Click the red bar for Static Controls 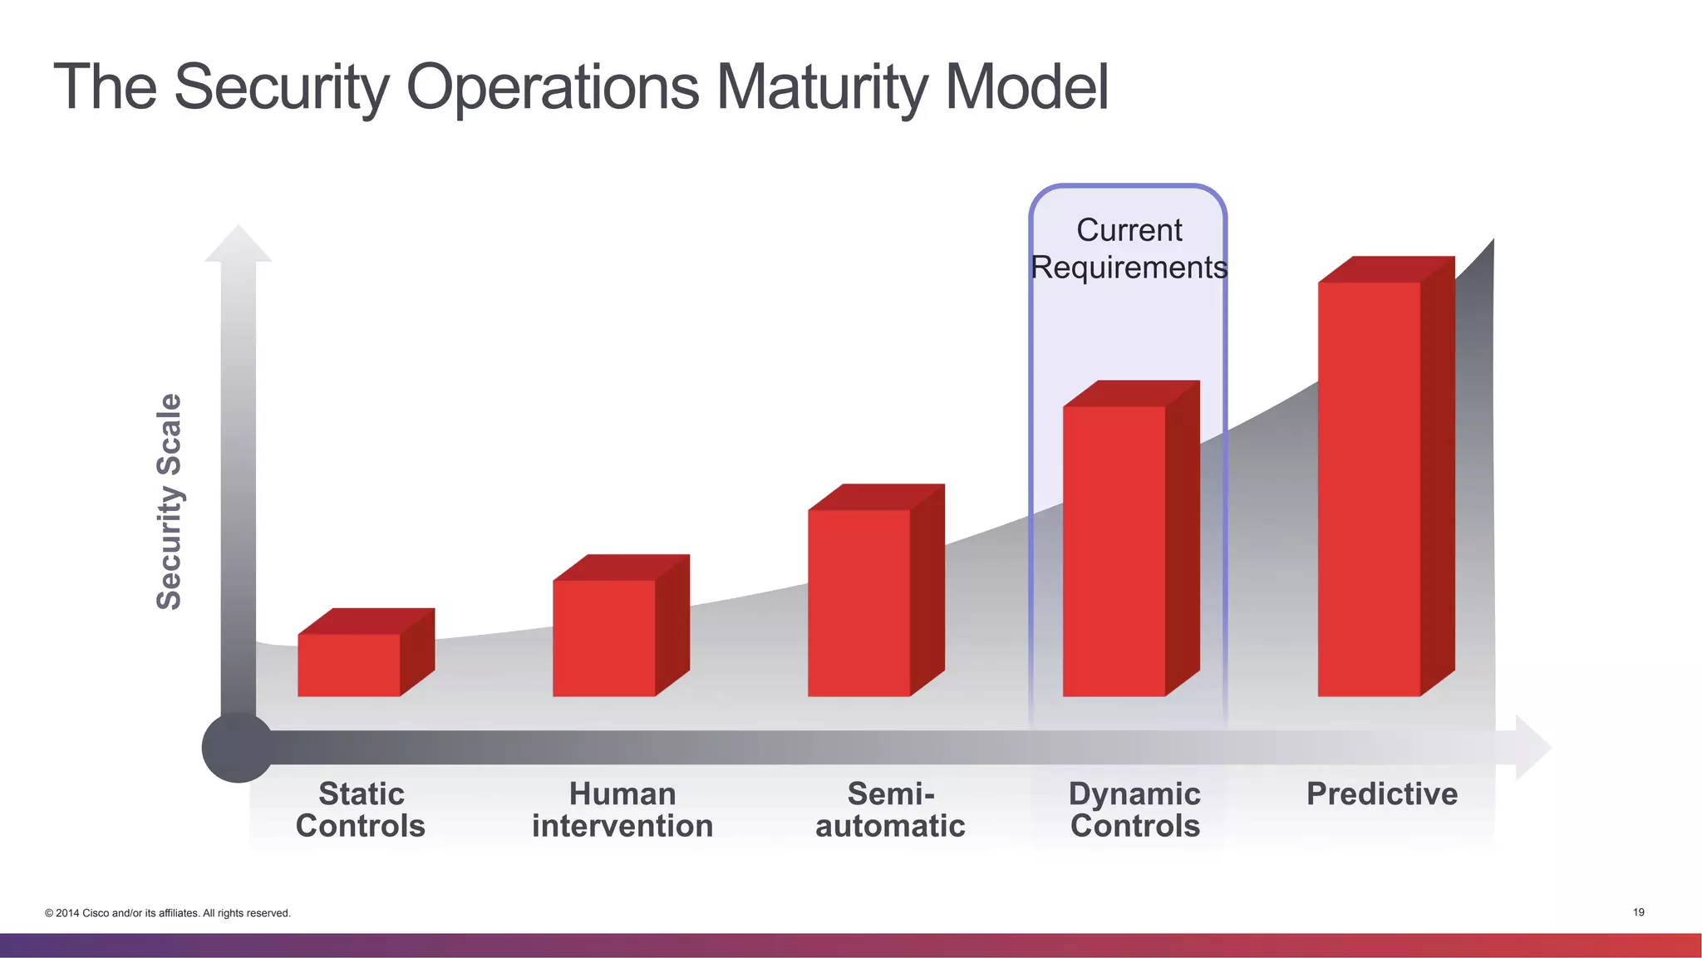[349, 664]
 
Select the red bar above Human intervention [604, 637]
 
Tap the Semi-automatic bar [859, 602]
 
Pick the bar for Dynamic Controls [1114, 550]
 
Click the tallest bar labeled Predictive [1370, 489]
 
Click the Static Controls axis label [361, 809]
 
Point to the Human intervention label [622, 809]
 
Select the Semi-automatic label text [890, 809]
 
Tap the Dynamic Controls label [1134, 809]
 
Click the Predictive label [1381, 793]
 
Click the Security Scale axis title [169, 501]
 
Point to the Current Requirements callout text [1129, 248]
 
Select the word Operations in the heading [553, 86]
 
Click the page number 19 [1638, 912]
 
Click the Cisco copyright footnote [168, 913]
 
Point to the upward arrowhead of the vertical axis [239, 244]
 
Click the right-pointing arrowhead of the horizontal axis [1532, 747]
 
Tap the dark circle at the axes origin [238, 747]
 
